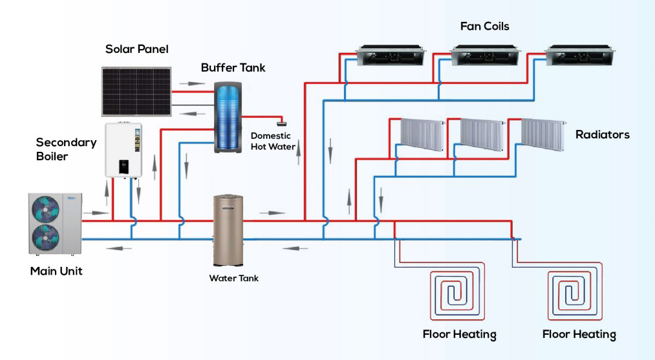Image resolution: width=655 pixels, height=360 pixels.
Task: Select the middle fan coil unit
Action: pyautogui.click(x=479, y=56)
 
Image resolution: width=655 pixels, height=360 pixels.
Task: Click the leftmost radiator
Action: pyautogui.click(x=420, y=134)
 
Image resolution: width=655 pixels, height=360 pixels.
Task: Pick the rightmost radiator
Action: pyautogui.click(x=543, y=134)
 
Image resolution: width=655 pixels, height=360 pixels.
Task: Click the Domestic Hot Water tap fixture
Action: pyautogui.click(x=282, y=121)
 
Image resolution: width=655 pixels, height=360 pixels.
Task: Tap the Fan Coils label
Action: pyautogui.click(x=484, y=26)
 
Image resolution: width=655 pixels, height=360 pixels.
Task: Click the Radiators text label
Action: pyautogui.click(x=602, y=135)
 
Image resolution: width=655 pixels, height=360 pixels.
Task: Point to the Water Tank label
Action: pyautogui.click(x=233, y=279)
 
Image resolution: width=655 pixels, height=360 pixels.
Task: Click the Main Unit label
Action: pyautogui.click(x=56, y=271)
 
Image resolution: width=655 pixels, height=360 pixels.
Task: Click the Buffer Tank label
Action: pyautogui.click(x=233, y=67)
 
